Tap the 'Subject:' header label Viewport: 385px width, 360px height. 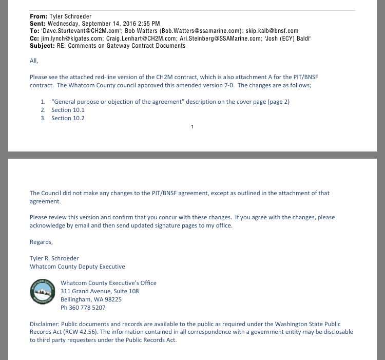(x=43, y=46)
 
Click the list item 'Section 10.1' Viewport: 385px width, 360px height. (x=68, y=110)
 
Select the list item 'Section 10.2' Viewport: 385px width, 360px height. (x=68, y=118)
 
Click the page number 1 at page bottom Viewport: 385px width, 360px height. (x=192, y=126)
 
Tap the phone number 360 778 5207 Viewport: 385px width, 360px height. (x=88, y=308)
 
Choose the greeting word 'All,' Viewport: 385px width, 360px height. (x=34, y=61)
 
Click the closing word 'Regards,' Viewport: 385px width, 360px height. (x=41, y=241)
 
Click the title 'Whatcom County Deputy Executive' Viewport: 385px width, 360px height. (x=77, y=267)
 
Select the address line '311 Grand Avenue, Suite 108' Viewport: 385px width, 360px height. (x=100, y=291)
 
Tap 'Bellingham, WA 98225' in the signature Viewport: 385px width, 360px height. (x=91, y=299)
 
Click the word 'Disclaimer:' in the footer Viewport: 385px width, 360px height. (x=45, y=324)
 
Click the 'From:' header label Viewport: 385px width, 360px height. (x=38, y=16)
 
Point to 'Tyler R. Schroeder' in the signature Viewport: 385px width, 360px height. (x=54, y=258)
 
